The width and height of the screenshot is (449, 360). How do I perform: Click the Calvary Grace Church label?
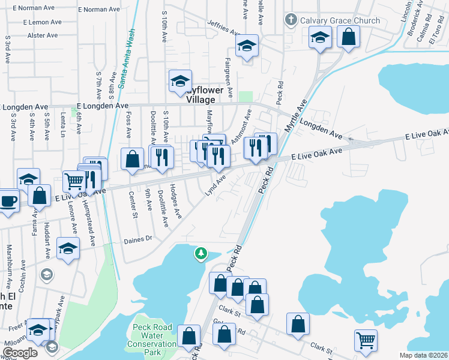point(340,20)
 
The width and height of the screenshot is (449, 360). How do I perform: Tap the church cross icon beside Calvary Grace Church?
point(291,20)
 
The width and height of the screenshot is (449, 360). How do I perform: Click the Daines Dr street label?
point(139,238)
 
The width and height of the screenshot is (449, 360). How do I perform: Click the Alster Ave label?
point(41,35)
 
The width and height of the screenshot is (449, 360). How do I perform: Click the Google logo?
point(20,353)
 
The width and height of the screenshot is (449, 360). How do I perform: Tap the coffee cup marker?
point(7,201)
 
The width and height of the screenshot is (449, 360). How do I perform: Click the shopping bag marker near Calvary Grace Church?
point(348,38)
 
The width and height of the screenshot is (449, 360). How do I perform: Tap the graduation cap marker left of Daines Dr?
point(68,248)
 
